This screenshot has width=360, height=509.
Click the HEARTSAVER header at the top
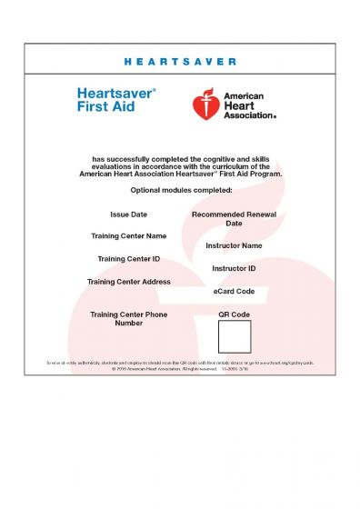(179, 62)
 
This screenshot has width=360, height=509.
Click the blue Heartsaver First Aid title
(116, 99)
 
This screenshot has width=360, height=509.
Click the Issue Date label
(128, 215)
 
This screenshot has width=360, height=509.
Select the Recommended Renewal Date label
(234, 219)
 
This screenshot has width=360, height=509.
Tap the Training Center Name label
(128, 236)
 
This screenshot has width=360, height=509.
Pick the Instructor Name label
(234, 245)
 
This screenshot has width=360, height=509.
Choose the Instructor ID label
(234, 269)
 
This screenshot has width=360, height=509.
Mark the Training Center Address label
(128, 282)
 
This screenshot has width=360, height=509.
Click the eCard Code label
(234, 292)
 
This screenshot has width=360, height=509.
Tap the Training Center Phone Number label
(128, 318)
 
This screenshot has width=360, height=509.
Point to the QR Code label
(234, 314)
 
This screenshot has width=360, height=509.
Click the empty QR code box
(234, 337)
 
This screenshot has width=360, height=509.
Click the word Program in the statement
(267, 172)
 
